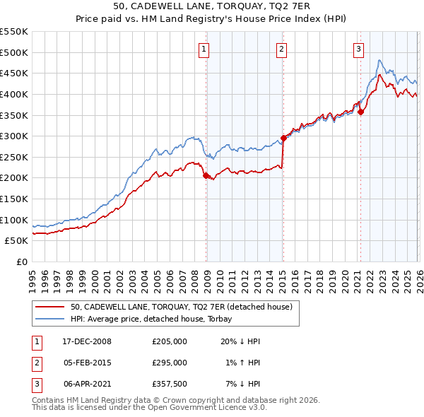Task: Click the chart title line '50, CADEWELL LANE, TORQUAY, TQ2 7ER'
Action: point(211,6)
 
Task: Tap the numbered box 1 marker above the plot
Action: point(204,49)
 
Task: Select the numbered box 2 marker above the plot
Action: point(281,49)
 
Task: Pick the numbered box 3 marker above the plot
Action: point(358,49)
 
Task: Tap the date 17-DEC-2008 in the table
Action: point(86,341)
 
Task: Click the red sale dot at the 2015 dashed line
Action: point(283,138)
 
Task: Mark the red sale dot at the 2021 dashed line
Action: point(360,112)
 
